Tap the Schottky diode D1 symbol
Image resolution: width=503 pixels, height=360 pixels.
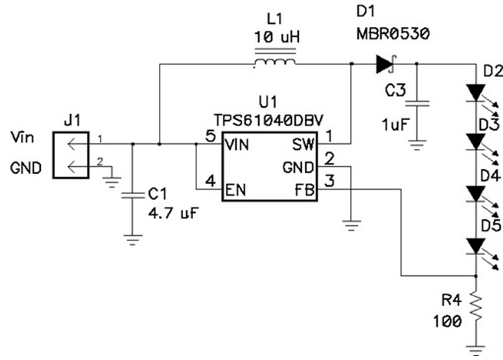coord(385,64)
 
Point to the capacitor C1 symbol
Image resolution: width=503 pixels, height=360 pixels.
coord(133,194)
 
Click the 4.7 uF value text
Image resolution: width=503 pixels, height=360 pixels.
coord(173,213)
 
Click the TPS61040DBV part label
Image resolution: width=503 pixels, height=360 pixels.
coord(270,119)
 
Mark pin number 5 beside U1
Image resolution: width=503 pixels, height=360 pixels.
coord(210,136)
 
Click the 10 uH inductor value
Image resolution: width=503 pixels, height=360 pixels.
coord(275,37)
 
